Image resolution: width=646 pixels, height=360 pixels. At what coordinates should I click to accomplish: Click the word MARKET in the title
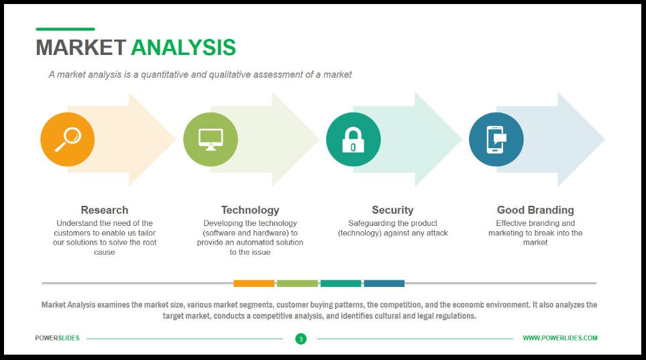pyautogui.click(x=80, y=48)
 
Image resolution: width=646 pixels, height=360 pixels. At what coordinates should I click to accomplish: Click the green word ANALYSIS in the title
pyautogui.click(x=183, y=48)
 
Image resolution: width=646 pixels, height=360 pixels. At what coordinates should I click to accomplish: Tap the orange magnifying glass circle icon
pyautogui.click(x=67, y=139)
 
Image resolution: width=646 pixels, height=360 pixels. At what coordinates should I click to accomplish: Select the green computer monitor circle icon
pyautogui.click(x=211, y=139)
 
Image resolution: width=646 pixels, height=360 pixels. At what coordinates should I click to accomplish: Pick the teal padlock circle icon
pyautogui.click(x=353, y=139)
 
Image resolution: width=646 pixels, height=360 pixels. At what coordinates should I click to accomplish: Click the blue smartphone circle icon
pyautogui.click(x=496, y=139)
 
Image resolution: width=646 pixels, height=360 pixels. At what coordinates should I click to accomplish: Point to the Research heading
pyautogui.click(x=104, y=210)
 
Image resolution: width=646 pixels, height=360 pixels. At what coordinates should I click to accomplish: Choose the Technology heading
pyautogui.click(x=250, y=210)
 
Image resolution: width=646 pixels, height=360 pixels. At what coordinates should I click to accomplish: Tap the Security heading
pyautogui.click(x=392, y=210)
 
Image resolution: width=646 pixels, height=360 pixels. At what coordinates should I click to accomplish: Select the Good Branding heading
pyautogui.click(x=535, y=210)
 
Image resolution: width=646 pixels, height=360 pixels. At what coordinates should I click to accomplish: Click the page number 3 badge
pyautogui.click(x=301, y=339)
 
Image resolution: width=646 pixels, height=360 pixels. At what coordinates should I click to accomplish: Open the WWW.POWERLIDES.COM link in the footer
pyautogui.click(x=559, y=338)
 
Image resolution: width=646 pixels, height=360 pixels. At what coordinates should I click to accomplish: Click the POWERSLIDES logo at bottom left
pyautogui.click(x=57, y=338)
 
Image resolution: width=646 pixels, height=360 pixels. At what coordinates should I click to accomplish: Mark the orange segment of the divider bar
pyautogui.click(x=254, y=284)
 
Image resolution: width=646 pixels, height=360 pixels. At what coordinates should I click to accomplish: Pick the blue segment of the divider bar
pyautogui.click(x=384, y=284)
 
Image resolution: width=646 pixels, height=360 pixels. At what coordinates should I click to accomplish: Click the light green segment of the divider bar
pyautogui.click(x=297, y=284)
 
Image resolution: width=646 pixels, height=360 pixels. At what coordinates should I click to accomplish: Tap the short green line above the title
pyautogui.click(x=65, y=29)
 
